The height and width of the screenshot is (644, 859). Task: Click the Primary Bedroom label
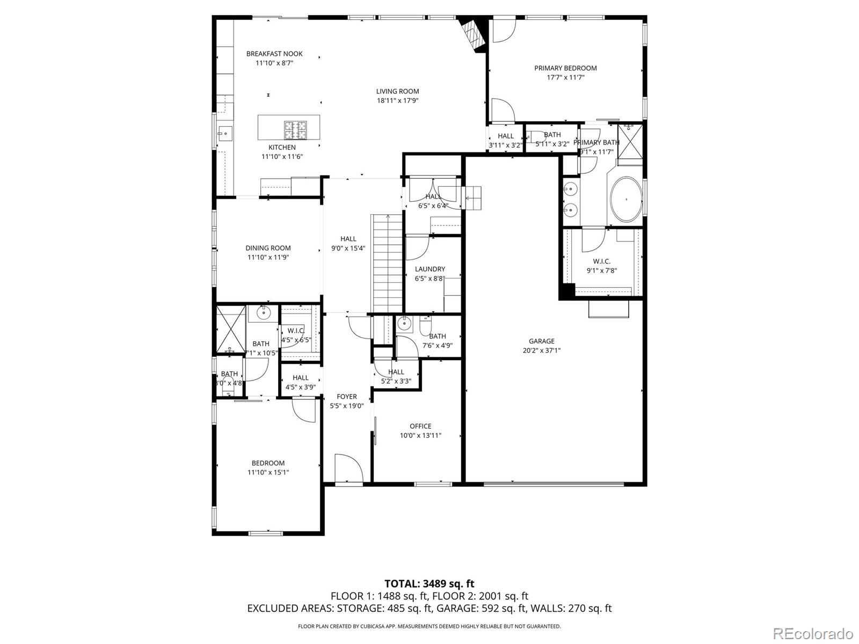click(x=565, y=68)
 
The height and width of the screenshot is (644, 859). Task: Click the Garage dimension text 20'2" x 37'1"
click(x=541, y=350)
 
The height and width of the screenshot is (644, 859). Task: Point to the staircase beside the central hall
click(x=387, y=263)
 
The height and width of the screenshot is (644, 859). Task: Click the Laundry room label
click(x=429, y=269)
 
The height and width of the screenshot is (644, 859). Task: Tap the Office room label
click(x=420, y=426)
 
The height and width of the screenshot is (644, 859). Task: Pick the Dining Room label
click(x=268, y=248)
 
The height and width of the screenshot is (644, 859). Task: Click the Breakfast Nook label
click(x=274, y=54)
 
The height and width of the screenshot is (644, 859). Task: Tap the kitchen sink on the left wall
click(x=224, y=132)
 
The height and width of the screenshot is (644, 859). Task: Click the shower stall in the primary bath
click(x=630, y=141)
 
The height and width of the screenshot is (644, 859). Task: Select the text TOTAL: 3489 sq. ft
click(x=429, y=583)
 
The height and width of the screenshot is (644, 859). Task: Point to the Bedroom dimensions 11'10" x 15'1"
click(x=268, y=472)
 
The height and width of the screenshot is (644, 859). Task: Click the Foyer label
click(x=347, y=397)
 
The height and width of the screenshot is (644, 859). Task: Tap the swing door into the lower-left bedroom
click(x=304, y=410)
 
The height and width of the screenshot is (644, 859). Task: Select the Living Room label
click(x=397, y=91)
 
